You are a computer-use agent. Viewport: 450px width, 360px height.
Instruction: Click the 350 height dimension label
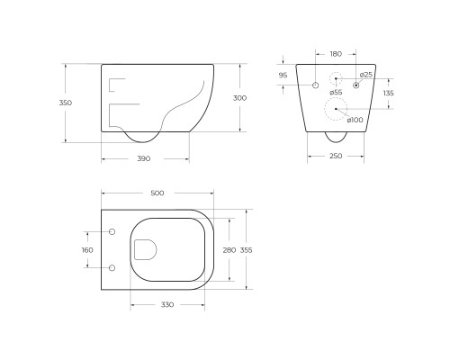point(66,103)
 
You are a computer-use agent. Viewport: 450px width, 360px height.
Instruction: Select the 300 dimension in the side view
point(239,98)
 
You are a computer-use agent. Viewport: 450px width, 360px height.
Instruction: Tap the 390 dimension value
point(144,158)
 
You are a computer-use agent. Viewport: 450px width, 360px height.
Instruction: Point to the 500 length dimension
point(157,193)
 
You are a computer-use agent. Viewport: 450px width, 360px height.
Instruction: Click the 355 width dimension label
point(246,250)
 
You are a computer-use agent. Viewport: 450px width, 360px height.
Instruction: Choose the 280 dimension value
point(229,250)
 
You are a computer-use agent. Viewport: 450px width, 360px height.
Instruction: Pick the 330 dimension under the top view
point(167,305)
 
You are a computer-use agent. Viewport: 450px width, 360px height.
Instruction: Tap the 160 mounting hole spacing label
point(87,250)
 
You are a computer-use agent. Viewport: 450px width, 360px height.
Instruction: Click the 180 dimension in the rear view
point(336,54)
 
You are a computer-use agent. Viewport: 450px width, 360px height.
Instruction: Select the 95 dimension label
point(283,76)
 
